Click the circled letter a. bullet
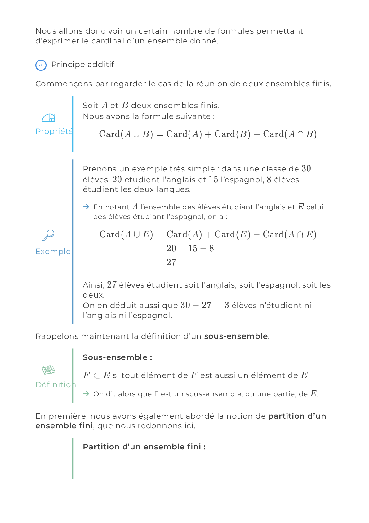click(x=41, y=65)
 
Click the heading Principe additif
click(x=82, y=65)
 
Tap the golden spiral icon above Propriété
click(x=48, y=118)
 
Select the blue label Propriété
click(x=54, y=131)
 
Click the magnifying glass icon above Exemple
click(x=48, y=235)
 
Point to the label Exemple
click(x=53, y=252)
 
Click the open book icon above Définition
click(x=49, y=370)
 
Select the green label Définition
click(x=55, y=385)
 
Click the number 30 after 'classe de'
click(x=306, y=169)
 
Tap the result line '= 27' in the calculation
click(x=167, y=262)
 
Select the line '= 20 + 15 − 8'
click(x=185, y=248)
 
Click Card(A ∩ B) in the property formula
click(x=290, y=134)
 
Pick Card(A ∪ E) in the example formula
click(x=126, y=234)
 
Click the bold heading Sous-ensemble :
click(x=117, y=357)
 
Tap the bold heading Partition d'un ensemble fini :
click(x=144, y=447)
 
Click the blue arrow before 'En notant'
click(x=87, y=207)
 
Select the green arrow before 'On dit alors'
click(x=87, y=394)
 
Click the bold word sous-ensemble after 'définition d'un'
click(x=236, y=336)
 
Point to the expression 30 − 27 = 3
click(x=205, y=306)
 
